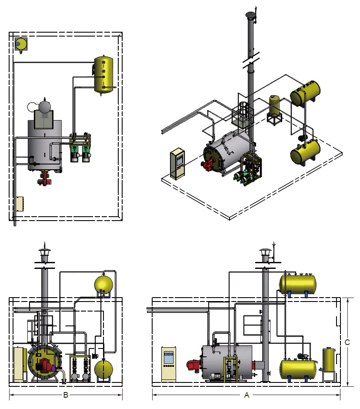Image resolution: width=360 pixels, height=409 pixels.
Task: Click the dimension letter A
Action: pyautogui.click(x=247, y=396)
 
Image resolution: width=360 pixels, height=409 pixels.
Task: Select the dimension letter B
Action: pyautogui.click(x=66, y=396)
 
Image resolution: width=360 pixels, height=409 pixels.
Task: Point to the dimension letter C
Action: pyautogui.click(x=347, y=342)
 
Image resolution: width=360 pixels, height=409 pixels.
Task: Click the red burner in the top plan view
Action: pyautogui.click(x=44, y=178)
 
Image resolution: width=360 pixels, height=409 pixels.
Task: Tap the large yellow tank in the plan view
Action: pyautogui.click(x=104, y=74)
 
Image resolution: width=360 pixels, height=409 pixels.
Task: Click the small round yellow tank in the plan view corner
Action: pyautogui.click(x=20, y=44)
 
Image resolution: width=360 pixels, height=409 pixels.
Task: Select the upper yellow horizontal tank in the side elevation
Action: pyautogui.click(x=297, y=283)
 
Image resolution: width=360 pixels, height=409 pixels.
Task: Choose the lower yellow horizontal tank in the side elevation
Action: pyautogui.click(x=297, y=368)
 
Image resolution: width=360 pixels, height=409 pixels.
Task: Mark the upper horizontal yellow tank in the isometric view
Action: pyautogui.click(x=306, y=93)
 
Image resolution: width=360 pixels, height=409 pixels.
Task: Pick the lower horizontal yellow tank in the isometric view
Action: pyautogui.click(x=305, y=151)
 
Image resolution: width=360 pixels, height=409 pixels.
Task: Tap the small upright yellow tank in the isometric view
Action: pyautogui.click(x=274, y=105)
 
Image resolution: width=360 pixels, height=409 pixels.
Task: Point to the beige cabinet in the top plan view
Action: pyautogui.click(x=19, y=204)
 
